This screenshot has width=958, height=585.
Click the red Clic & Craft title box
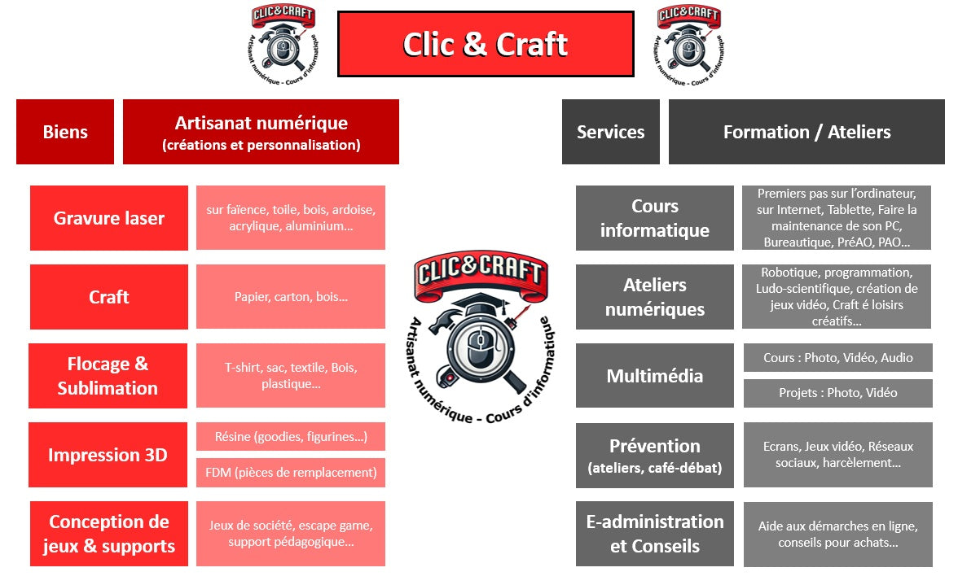point(486,44)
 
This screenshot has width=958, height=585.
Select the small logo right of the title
point(689,46)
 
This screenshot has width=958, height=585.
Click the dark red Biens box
point(65,132)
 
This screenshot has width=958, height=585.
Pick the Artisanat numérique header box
point(261,132)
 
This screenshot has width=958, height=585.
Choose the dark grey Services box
point(610,132)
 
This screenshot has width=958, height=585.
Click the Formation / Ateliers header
point(806,132)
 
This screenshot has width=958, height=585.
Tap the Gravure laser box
point(109,218)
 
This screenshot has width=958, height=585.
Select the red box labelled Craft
point(109,297)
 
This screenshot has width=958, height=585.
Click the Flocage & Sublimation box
point(108,376)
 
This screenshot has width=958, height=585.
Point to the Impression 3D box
point(108,455)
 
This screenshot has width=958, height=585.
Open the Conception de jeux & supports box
point(109,534)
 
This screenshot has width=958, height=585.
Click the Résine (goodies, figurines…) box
point(290,437)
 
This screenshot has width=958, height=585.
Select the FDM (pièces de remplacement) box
point(290,472)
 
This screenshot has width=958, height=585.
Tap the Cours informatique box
point(654,218)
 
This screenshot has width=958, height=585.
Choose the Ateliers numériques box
point(654,297)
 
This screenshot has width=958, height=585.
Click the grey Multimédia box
point(654,376)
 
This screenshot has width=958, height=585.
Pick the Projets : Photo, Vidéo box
point(837,393)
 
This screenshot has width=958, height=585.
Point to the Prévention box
point(654,455)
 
